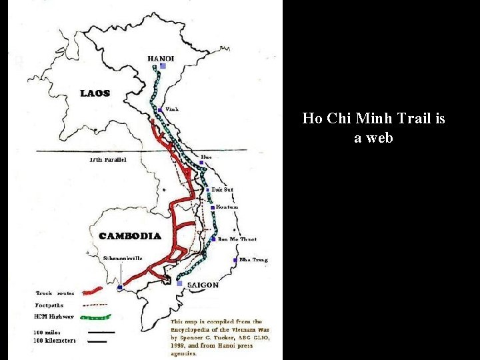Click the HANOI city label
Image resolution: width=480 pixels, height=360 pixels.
[x=161, y=59]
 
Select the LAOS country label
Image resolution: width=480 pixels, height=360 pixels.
[x=95, y=93]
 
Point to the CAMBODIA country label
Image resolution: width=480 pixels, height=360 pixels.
[x=129, y=236]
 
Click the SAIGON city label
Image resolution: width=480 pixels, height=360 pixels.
[x=203, y=285]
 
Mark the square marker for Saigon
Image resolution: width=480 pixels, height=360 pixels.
[x=180, y=283]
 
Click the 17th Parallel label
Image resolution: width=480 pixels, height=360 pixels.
[x=107, y=160]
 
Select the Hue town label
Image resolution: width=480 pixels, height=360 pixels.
[x=206, y=157]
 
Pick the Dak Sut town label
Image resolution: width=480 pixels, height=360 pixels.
[x=222, y=189]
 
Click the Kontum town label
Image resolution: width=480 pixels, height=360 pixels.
[x=227, y=207]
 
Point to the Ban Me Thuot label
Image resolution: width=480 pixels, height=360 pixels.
[x=237, y=239]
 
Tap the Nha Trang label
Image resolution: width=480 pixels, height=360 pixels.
[x=253, y=259]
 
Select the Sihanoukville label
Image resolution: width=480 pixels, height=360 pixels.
[x=123, y=257]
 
